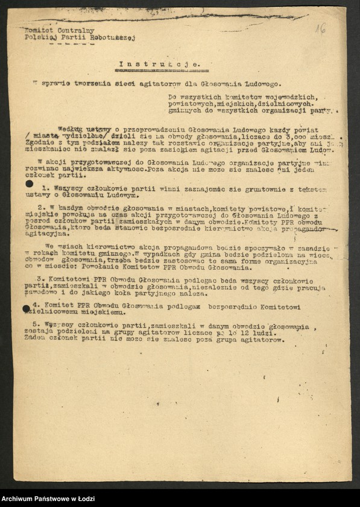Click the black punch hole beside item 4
click(27, 308)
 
